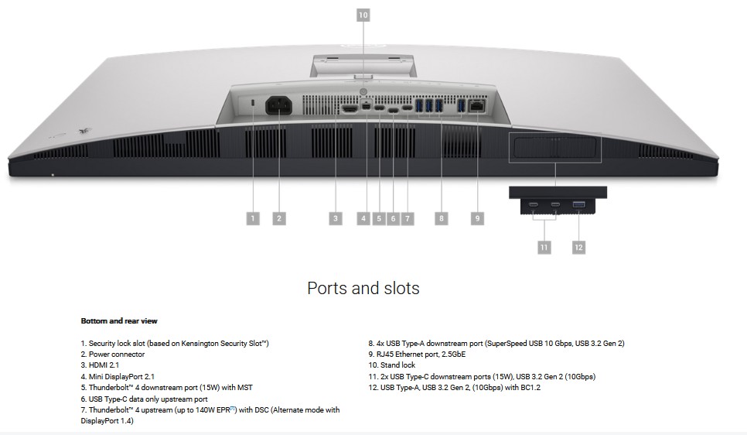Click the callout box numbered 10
coord(363,15)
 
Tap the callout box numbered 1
coord(253,218)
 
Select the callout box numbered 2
coord(279,218)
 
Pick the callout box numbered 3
coord(336,218)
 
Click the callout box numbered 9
coord(477,218)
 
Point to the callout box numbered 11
coord(544,247)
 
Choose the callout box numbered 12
coord(578,247)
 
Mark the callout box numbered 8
coord(441,218)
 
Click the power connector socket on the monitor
coord(278,105)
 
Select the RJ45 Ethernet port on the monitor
coord(477,106)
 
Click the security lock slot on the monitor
coord(253,103)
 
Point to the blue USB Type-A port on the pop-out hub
coord(579,204)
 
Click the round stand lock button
coord(363,91)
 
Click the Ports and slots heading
coord(363,288)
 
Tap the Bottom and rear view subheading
coord(119,321)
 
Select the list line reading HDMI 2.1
coord(100,365)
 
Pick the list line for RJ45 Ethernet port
coord(417,355)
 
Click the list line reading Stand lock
coord(391,365)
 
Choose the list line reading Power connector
coord(113,355)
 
